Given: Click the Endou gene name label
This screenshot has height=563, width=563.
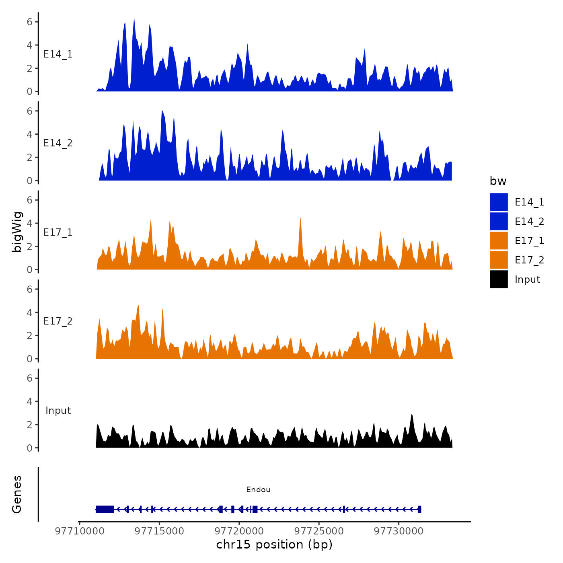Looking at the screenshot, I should click(x=258, y=489).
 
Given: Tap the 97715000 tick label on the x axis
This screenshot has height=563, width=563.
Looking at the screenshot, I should click(x=159, y=531).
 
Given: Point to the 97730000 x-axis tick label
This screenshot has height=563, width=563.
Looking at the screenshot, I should click(x=399, y=531).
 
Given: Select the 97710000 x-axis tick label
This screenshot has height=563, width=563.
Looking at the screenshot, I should click(x=80, y=531).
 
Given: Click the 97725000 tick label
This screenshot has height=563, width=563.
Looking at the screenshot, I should click(x=319, y=531).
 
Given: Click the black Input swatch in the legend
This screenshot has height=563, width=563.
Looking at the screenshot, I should click(x=499, y=279).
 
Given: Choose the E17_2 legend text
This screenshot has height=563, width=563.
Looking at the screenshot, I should click(x=529, y=260).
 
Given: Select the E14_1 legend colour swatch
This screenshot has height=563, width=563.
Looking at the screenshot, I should click(x=499, y=202).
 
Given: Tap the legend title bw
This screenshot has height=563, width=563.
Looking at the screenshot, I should click(x=498, y=181).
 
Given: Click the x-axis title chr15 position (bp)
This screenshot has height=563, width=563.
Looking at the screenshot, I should click(x=274, y=545).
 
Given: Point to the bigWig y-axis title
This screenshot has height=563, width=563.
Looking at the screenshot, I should click(x=17, y=232).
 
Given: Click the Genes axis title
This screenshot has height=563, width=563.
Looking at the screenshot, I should click(x=17, y=494).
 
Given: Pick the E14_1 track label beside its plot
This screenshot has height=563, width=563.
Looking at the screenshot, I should click(x=58, y=54).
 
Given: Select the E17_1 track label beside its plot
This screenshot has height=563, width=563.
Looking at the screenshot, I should click(x=58, y=232).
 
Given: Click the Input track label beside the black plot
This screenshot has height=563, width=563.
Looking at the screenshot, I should click(x=58, y=411).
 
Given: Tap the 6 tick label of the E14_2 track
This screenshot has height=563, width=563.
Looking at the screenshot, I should click(x=29, y=111).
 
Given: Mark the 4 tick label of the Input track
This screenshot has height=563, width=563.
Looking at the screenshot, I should click(x=29, y=401).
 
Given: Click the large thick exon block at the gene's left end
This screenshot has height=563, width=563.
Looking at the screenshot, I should click(x=105, y=509).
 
